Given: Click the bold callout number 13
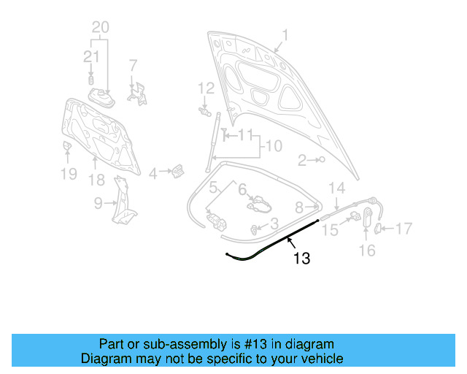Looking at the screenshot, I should tap(301, 257).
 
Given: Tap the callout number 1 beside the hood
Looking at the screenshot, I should tap(285, 34).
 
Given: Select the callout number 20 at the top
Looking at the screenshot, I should tap(101, 27).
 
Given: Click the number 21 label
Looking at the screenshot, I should tap(90, 57).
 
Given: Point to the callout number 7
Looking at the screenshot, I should tap(133, 65).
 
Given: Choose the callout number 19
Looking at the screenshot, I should tap(68, 174).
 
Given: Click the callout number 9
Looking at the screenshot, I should tap(99, 204).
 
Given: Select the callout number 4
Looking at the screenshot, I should tap(153, 173).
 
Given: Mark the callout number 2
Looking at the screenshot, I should tap(302, 160).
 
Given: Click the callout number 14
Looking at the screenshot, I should tap(336, 188).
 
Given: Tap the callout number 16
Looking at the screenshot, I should tap(367, 251).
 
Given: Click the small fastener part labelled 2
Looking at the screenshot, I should tap(321, 159).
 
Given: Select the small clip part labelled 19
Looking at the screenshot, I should tap(66, 148).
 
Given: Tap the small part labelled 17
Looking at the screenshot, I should tap(378, 229).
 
